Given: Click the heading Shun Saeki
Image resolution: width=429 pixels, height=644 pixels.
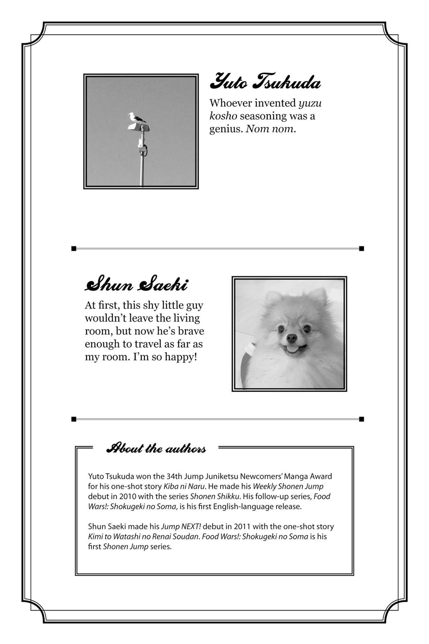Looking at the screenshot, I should click(136, 285).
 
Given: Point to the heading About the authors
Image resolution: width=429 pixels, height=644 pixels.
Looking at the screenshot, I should click(156, 448).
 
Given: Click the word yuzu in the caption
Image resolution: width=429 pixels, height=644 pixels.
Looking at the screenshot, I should click(310, 103).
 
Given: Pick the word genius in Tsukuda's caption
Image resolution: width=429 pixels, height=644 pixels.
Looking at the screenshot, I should click(225, 129).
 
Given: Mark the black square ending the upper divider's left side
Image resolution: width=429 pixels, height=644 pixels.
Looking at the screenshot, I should click(74, 248).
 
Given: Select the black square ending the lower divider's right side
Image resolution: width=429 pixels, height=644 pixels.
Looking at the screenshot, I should click(361, 419).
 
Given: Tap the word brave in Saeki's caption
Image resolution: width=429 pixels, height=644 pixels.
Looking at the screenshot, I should click(191, 331).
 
